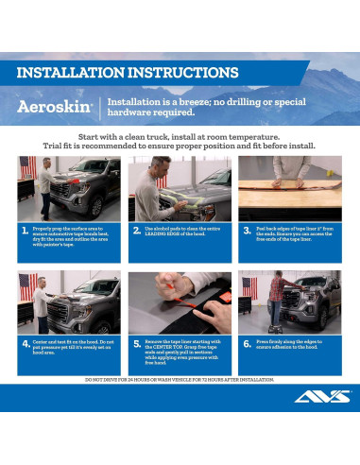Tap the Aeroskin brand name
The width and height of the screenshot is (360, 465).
point(54,107)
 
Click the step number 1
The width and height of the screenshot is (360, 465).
point(25,231)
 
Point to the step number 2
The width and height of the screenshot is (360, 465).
point(136,231)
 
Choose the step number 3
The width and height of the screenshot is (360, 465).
point(247,231)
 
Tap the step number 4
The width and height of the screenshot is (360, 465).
point(25,345)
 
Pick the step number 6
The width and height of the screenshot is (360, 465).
point(247,345)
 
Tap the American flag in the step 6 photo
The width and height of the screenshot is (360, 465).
point(249,285)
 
